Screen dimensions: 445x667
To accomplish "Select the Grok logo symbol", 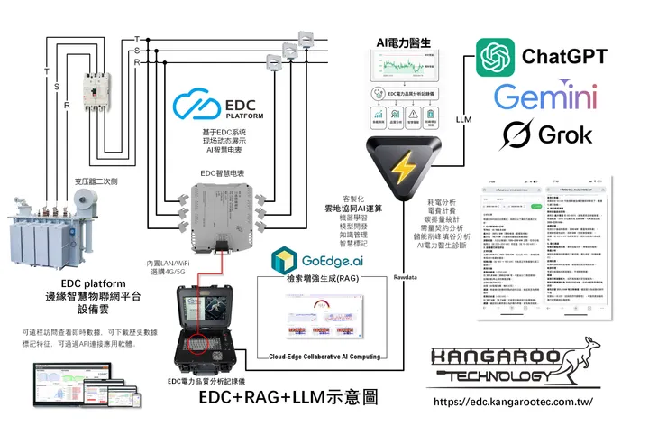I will tap(518, 134).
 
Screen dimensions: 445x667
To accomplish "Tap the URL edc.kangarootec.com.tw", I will tap(514, 401).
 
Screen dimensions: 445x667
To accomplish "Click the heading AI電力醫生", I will tap(405, 43).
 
